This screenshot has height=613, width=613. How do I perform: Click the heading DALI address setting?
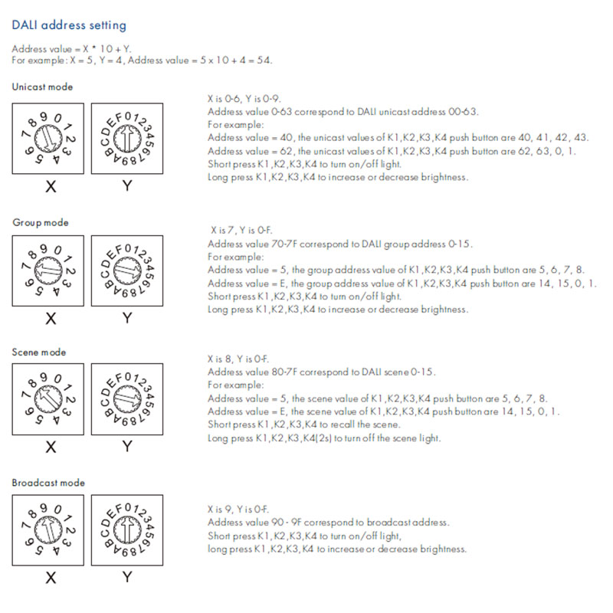tap(69, 25)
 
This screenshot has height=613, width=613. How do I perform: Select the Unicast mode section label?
tap(42, 87)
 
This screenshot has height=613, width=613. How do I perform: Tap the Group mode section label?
tap(40, 222)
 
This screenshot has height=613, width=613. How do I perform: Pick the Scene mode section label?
tap(39, 352)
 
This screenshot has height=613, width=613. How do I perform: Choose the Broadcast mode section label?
tap(48, 483)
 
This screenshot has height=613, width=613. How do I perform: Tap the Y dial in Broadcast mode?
tap(126, 529)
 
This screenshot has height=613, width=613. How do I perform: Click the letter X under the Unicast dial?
tap(51, 186)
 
